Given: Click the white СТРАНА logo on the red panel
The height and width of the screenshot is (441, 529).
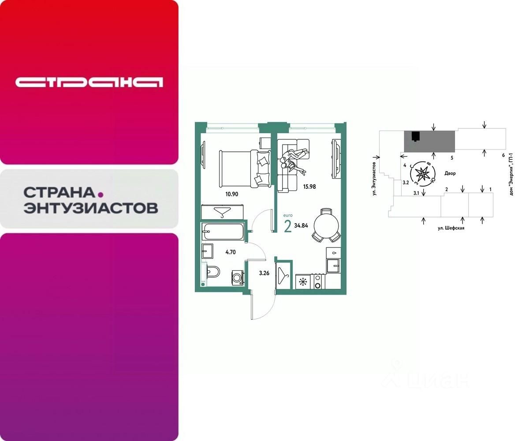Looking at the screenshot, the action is (89, 82).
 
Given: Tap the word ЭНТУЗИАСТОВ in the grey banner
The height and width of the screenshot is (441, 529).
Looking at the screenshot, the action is (90, 208).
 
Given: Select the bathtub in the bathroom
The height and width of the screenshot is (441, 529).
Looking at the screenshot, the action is (223, 232).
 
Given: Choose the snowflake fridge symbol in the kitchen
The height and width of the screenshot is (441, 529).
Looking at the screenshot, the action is (303, 281).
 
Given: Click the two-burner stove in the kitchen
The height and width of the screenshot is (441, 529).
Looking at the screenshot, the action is (318, 281).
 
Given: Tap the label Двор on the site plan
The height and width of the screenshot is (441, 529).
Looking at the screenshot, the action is (450, 174).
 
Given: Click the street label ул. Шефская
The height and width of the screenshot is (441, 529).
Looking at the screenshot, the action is (451, 228).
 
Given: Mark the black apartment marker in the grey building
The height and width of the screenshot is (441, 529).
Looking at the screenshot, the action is (415, 136).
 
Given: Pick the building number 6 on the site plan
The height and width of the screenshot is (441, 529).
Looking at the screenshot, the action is (503, 155).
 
